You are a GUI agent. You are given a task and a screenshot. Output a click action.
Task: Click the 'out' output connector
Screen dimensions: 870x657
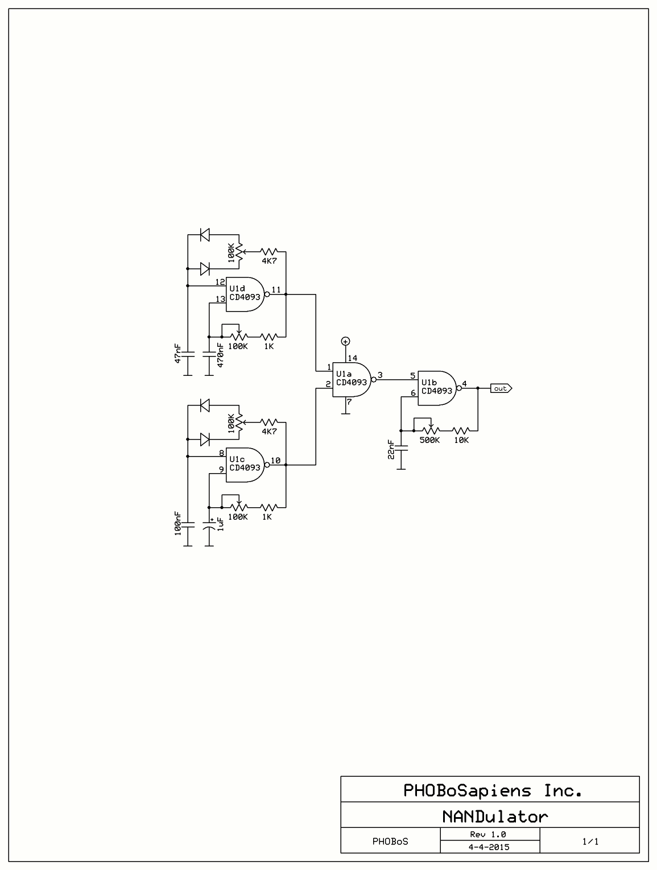point(501,388)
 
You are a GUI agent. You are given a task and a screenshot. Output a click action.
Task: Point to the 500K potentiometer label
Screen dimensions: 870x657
point(429,440)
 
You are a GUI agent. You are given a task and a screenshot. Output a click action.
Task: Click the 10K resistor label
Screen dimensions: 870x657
point(461,440)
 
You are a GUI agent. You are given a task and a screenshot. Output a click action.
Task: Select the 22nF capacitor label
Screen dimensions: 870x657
point(391,449)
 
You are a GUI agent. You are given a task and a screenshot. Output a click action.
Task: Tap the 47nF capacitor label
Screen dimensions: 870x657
point(178,353)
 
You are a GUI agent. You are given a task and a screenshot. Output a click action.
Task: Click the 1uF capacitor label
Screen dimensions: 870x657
point(220,523)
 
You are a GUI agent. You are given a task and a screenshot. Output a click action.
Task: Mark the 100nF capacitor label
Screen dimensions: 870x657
point(178,521)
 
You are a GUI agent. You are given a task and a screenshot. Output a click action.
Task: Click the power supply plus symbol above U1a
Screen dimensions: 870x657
point(345,341)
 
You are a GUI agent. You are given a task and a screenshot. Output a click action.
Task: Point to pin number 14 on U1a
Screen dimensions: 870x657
point(353,358)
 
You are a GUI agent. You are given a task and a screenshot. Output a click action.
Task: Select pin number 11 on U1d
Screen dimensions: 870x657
point(276,289)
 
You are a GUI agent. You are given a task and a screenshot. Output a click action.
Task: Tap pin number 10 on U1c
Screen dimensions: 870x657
point(276,460)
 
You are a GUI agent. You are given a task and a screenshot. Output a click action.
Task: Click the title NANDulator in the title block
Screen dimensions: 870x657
point(495,817)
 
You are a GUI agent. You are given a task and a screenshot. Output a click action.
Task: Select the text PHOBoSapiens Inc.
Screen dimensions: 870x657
point(493,790)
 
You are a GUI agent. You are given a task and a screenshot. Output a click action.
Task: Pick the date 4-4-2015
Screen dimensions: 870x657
point(489,847)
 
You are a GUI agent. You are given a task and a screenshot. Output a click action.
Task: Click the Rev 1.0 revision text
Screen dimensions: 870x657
point(489,834)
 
